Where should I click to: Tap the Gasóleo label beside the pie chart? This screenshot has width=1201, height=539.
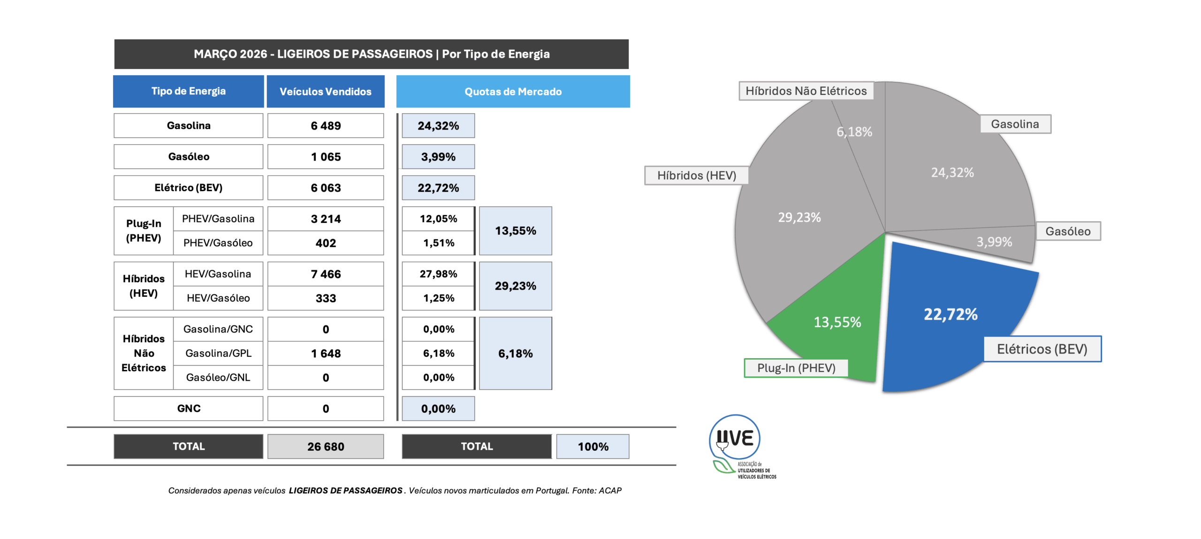click(1068, 231)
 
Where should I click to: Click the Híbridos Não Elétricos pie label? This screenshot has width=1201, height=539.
click(806, 91)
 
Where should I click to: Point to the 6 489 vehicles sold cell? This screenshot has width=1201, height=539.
click(326, 126)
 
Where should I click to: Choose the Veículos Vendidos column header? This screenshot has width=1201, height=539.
click(326, 92)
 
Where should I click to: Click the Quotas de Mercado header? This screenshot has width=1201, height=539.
click(513, 92)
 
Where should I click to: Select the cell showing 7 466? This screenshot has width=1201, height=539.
click(326, 274)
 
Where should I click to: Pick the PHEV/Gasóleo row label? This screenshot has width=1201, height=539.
click(218, 243)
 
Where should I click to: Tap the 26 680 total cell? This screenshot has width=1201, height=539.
click(326, 447)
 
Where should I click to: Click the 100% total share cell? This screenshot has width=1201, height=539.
click(593, 447)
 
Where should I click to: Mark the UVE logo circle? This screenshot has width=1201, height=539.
click(735, 438)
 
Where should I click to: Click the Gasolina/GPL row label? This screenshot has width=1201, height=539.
click(218, 353)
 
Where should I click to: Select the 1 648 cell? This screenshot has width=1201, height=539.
click(326, 354)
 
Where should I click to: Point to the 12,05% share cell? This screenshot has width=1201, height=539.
click(438, 219)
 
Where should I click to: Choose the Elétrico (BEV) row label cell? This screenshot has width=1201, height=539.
click(189, 188)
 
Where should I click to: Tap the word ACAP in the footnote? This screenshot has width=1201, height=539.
click(610, 491)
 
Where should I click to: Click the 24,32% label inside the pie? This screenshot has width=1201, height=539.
click(952, 173)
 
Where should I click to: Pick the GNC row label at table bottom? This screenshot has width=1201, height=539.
click(189, 408)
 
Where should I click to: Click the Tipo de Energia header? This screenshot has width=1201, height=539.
click(189, 91)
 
